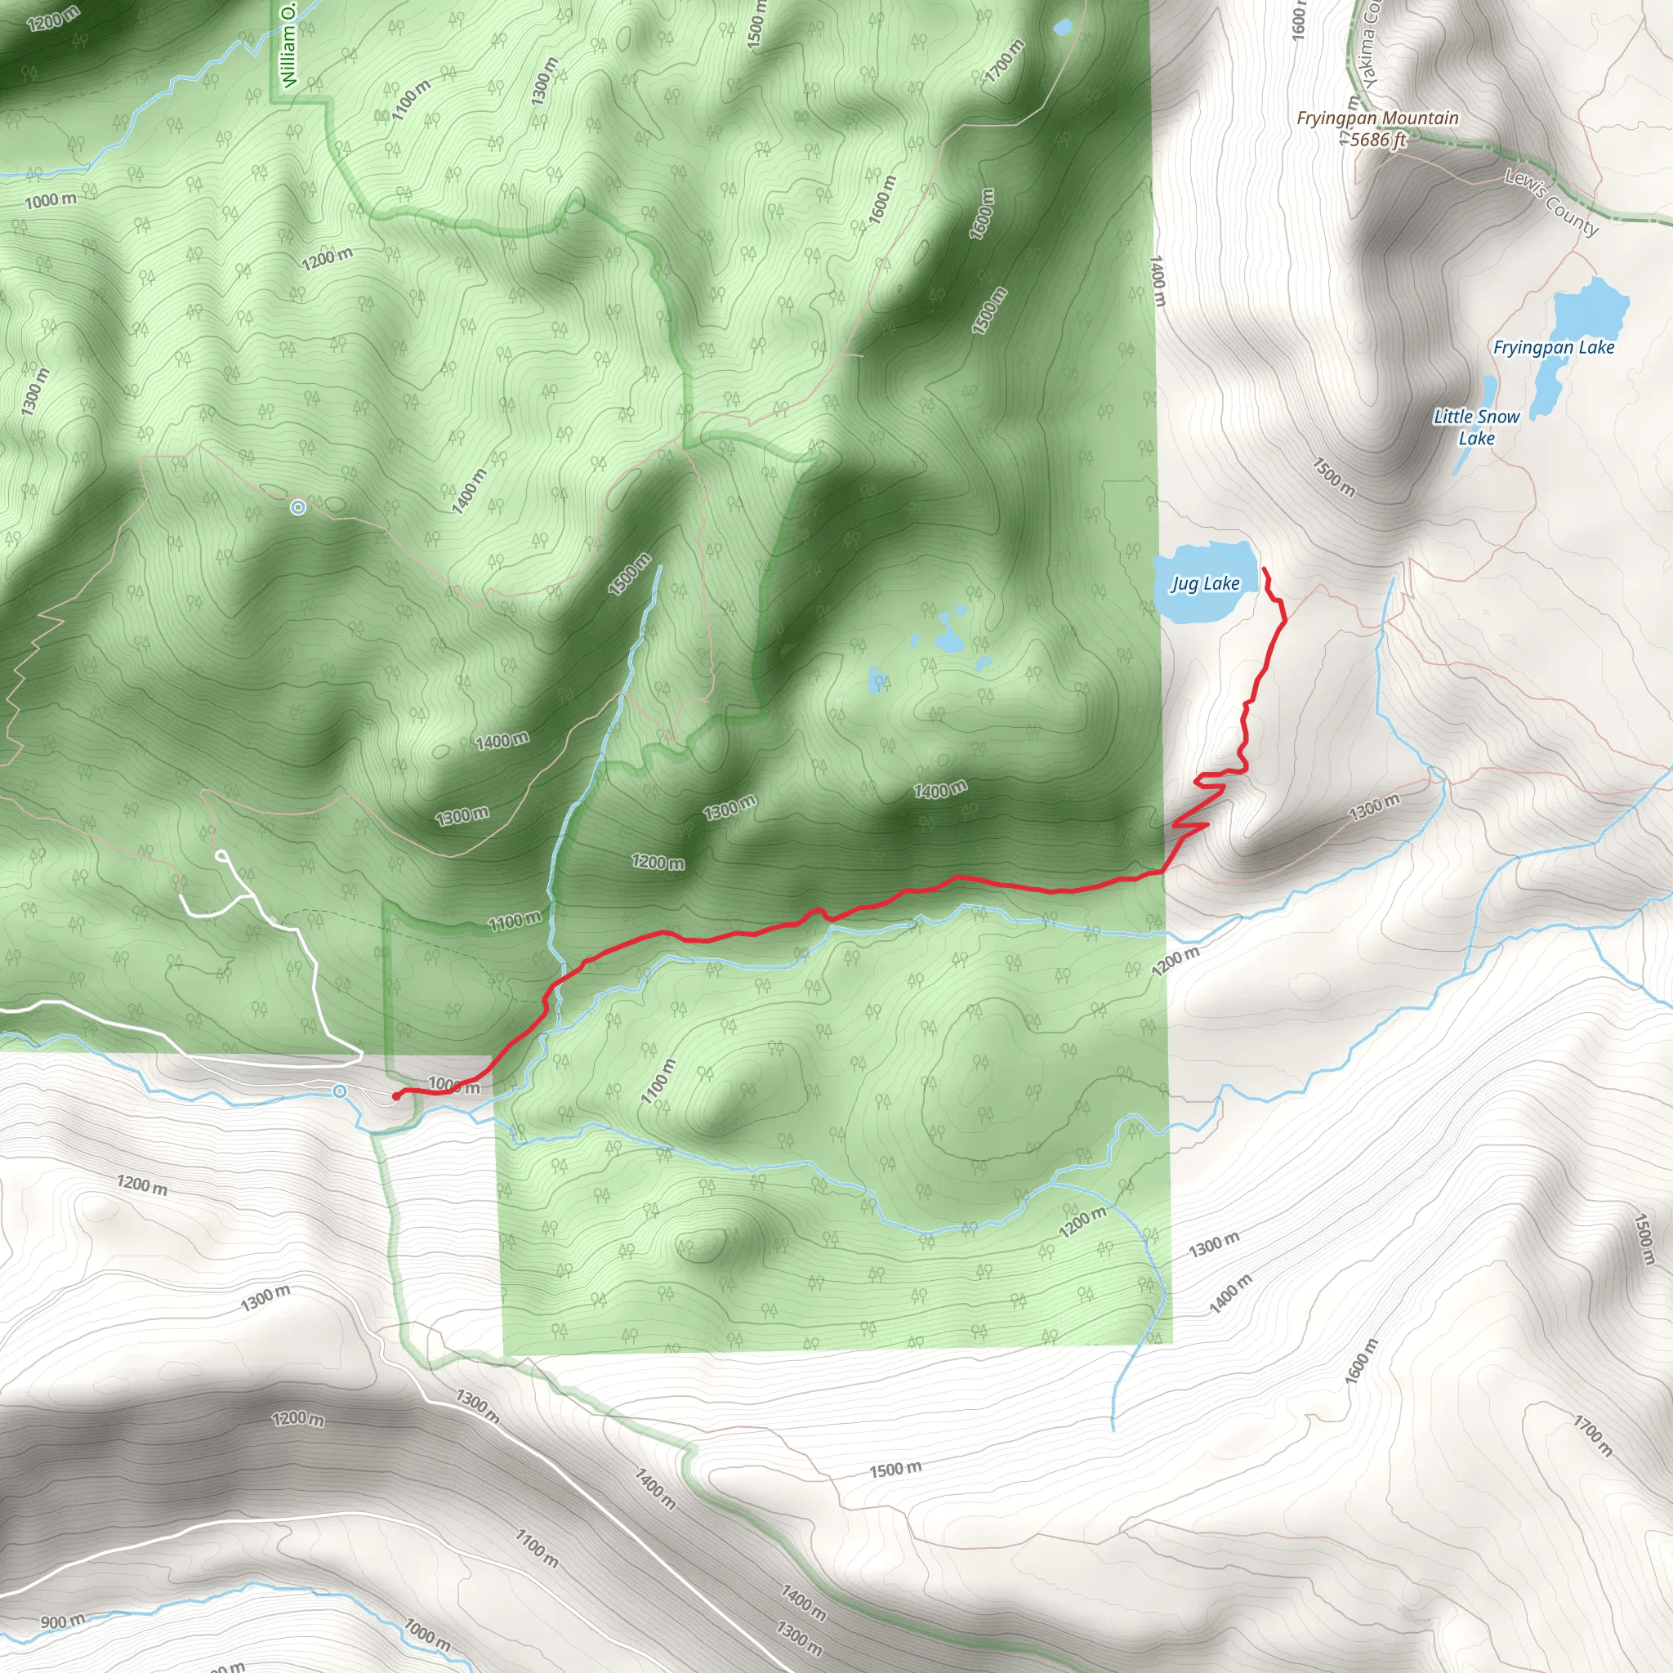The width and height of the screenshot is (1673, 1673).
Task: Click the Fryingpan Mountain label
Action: (x=1376, y=118)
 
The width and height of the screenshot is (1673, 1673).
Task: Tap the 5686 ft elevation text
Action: (x=1379, y=140)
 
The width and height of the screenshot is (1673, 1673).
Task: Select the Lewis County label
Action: (x=1551, y=203)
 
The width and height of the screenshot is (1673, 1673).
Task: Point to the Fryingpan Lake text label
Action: (x=1554, y=347)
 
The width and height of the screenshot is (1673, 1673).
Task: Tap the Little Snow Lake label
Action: (x=1476, y=427)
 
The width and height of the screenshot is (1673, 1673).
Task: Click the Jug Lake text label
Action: (x=1206, y=583)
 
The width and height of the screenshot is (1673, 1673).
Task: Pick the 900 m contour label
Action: (x=62, y=1621)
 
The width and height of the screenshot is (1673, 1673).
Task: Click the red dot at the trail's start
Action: (x=395, y=1096)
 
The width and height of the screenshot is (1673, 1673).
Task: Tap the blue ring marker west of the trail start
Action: (x=341, y=1091)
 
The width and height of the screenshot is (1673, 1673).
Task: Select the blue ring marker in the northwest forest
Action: (x=298, y=507)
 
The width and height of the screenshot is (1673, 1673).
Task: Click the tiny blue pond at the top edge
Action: (x=1062, y=28)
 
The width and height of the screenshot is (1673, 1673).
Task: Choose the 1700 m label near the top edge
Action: (x=1005, y=60)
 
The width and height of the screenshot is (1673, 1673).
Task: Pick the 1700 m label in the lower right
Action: (x=1592, y=1434)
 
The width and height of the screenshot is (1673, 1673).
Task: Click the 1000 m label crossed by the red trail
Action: (x=453, y=1085)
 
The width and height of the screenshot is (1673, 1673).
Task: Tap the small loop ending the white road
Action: (x=222, y=856)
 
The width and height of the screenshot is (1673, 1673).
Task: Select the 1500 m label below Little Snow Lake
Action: (x=1333, y=477)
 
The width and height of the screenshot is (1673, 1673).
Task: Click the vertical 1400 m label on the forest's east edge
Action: (x=1158, y=280)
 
